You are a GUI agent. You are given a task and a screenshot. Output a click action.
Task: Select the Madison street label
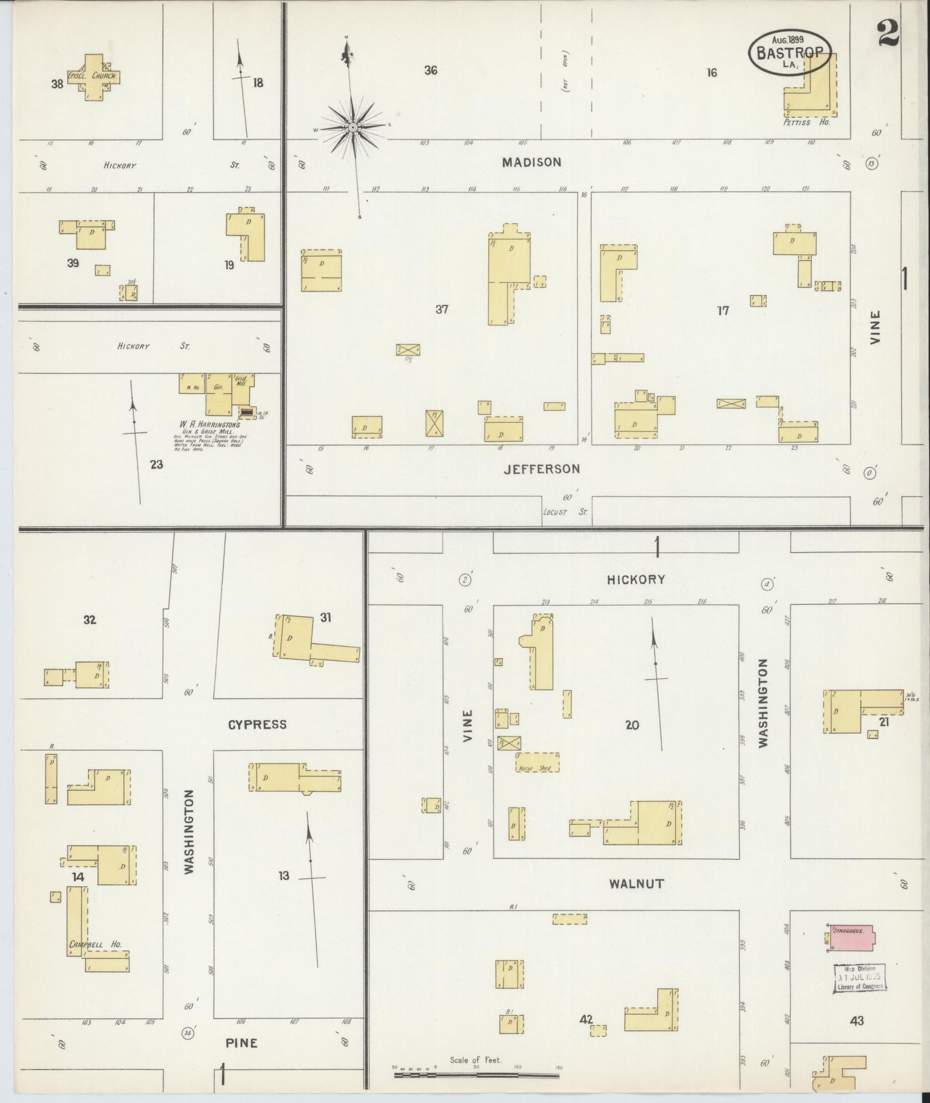pyautogui.click(x=532, y=162)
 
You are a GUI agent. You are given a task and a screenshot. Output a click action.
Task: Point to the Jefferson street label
pyautogui.click(x=541, y=468)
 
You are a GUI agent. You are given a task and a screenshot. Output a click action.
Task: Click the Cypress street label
pyautogui.click(x=257, y=725)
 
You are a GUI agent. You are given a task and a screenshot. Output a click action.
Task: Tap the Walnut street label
pyautogui.click(x=636, y=884)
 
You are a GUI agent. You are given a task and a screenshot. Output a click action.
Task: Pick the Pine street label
pyautogui.click(x=242, y=1043)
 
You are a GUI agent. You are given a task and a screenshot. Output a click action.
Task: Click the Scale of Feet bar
pyautogui.click(x=476, y=1074)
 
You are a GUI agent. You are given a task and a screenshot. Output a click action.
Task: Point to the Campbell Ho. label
pyautogui.click(x=95, y=945)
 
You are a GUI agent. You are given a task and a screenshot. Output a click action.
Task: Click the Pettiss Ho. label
pyautogui.click(x=806, y=122)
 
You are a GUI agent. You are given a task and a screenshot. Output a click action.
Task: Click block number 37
pyautogui.click(x=442, y=310)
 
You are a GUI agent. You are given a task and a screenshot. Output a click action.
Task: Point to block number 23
pyautogui.click(x=156, y=464)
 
